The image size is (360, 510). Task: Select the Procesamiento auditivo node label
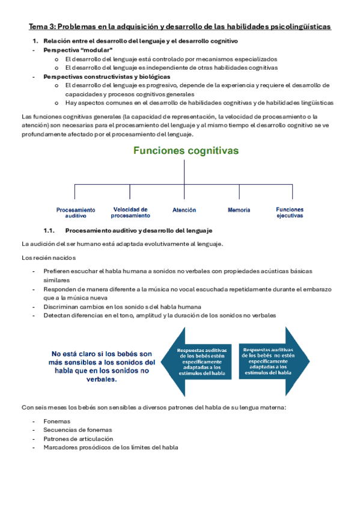[75, 212]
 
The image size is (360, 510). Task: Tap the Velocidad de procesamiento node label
[130, 212]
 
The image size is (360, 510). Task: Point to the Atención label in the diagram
[184, 210]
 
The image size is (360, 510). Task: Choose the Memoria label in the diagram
[239, 210]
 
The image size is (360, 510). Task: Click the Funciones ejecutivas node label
[290, 212]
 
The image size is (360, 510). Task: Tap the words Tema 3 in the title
[40, 27]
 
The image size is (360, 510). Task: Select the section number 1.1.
[49, 230]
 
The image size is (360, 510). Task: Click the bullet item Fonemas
[56, 422]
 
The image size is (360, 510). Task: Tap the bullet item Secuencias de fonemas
[78, 430]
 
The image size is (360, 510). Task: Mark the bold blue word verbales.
[104, 380]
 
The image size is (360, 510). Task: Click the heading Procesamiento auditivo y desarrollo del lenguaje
[138, 230]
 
